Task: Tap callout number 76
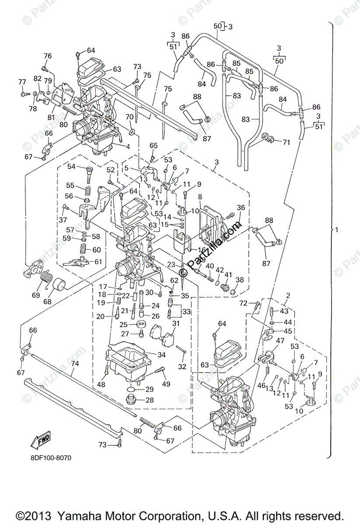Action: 48,56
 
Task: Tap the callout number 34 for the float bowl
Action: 150,354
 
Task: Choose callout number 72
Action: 243,303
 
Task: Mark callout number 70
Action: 129,117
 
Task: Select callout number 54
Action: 71,166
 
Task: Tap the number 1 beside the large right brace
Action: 337,229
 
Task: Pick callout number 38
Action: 240,280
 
